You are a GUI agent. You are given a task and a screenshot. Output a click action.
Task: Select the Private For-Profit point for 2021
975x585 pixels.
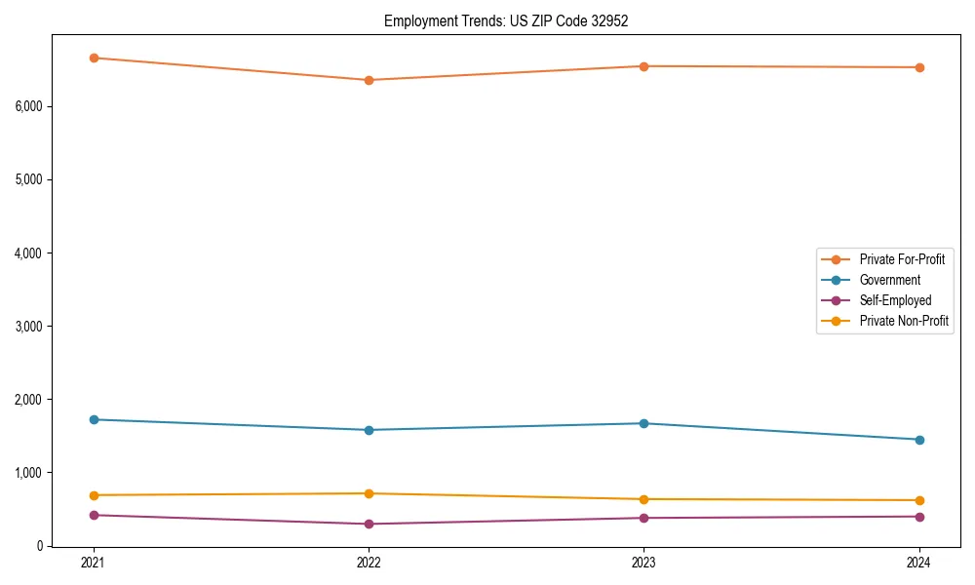94,58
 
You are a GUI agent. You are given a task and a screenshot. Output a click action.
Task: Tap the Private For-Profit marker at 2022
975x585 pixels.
369,80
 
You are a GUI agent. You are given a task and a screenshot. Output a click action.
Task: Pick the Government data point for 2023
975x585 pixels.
644,423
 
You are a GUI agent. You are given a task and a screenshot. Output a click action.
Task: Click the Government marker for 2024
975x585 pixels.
919,440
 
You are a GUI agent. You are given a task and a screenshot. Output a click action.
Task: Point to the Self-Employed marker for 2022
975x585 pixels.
369,524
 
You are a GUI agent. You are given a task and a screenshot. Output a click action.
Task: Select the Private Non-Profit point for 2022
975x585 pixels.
369,493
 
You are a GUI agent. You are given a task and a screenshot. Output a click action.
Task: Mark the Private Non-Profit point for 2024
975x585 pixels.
919,500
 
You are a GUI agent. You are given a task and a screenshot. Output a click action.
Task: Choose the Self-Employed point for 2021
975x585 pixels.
94,515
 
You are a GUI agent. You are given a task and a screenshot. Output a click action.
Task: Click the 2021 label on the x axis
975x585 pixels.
94,563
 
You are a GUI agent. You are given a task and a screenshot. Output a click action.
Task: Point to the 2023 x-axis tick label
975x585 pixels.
644,563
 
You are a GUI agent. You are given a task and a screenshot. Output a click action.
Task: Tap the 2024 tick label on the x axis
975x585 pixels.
919,563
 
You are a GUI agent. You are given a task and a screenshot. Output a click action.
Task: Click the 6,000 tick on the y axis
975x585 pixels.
29,106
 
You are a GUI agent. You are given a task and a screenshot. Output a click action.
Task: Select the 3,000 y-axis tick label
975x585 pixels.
29,326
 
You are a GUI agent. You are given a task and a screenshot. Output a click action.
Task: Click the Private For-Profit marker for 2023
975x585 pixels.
644,66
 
